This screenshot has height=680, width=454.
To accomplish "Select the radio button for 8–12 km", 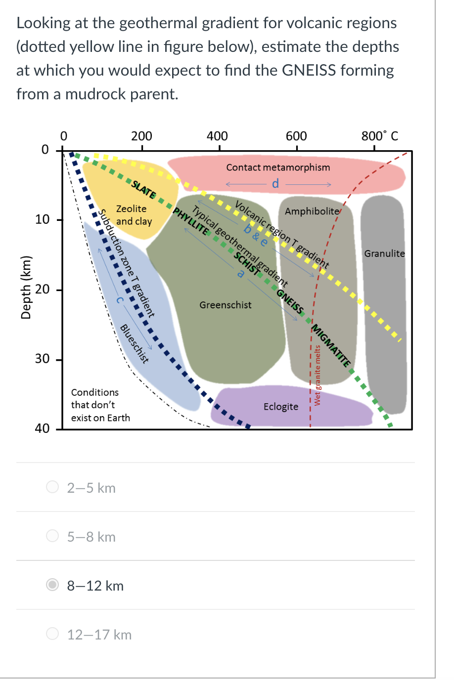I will (52, 586).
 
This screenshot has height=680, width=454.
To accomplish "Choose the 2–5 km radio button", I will (52, 488).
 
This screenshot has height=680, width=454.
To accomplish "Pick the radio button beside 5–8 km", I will (52, 537).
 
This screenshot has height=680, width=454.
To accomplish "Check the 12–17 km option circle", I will (52, 635).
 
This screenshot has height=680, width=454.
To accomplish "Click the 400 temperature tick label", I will (217, 136).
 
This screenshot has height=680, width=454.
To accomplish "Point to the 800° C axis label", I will (379, 136).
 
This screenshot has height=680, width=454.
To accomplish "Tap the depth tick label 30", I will (42, 359).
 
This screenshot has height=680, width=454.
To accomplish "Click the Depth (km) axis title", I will (26, 288).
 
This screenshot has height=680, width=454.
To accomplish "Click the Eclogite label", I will (280, 407).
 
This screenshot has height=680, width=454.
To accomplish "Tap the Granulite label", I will (384, 254).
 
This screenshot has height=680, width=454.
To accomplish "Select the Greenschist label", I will (226, 305).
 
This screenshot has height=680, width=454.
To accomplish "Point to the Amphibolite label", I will (312, 212).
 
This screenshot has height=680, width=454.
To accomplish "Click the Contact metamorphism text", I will (278, 168).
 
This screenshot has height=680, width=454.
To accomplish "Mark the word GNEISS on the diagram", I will (290, 300).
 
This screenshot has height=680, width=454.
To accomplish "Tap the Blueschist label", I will (135, 343).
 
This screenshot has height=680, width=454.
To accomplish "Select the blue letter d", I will (275, 184).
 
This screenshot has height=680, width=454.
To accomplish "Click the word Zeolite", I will (131, 209).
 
